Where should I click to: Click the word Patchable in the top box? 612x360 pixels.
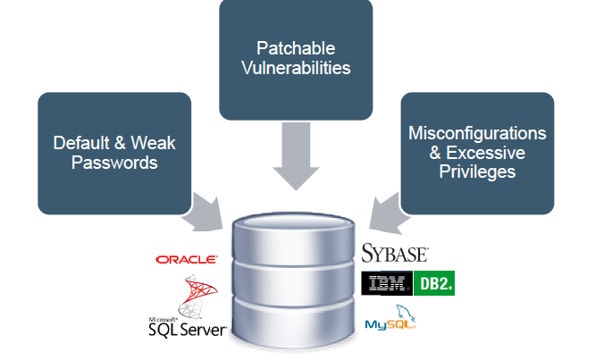[x=297, y=47]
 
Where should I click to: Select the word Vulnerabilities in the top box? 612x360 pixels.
[x=297, y=67]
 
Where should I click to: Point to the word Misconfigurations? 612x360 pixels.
[x=477, y=133]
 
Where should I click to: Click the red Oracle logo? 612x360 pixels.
[x=186, y=259]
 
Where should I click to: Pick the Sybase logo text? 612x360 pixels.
[x=395, y=254]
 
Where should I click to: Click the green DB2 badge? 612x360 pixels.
[x=435, y=284]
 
